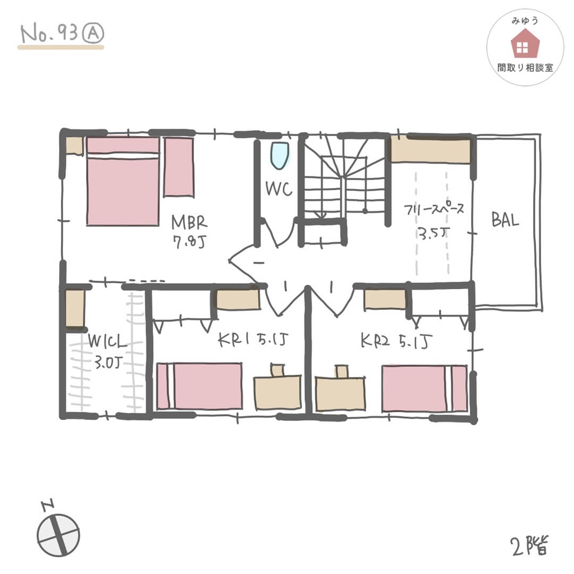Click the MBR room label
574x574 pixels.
(189, 231)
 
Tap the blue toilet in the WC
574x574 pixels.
(279, 155)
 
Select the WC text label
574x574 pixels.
(278, 189)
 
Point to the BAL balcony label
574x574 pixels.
(505, 221)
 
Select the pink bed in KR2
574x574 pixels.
(424, 388)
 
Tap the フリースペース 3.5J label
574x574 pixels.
(433, 221)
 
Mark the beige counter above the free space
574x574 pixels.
(430, 150)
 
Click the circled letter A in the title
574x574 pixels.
(93, 33)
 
